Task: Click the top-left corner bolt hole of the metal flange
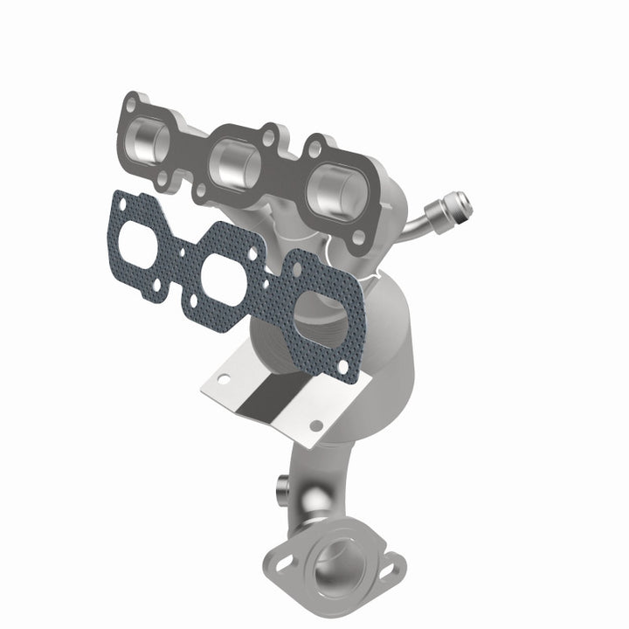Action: point(131,106)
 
